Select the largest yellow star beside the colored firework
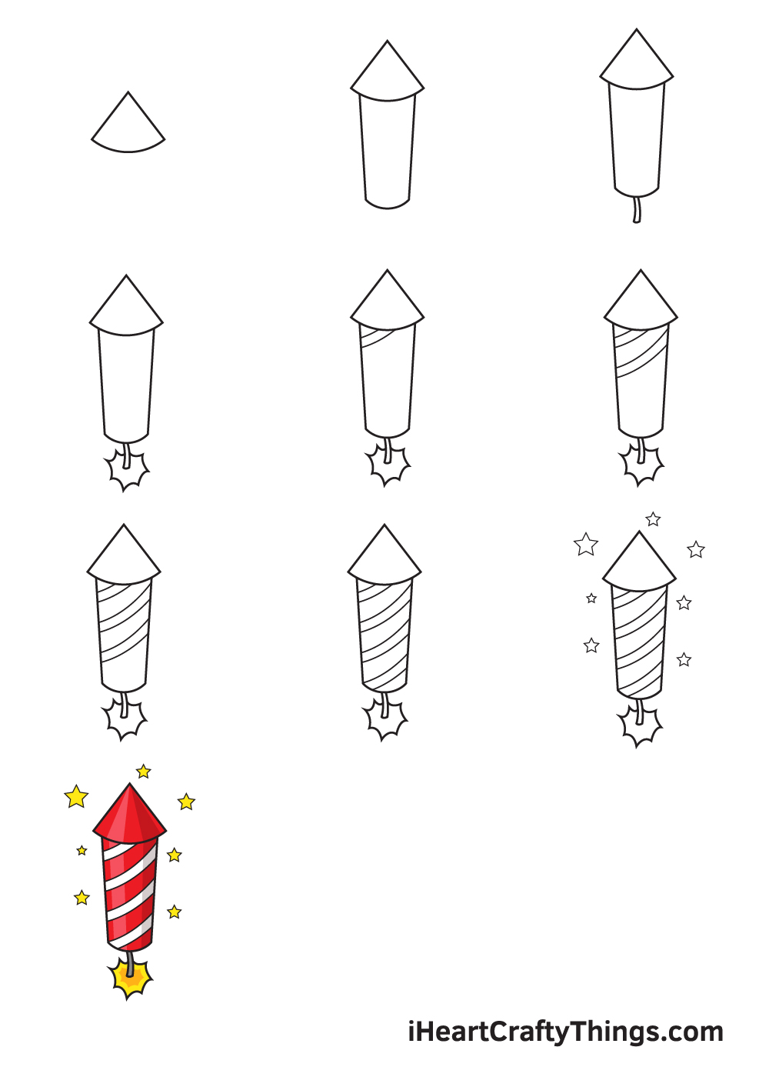pos(76,797)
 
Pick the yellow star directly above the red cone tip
pos(144,771)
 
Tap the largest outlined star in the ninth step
pos(586,545)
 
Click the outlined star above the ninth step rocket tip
pos(653,519)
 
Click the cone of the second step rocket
pos(388,72)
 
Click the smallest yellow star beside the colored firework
pos(82,851)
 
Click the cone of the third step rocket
pos(637,61)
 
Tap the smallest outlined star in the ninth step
pos(591,599)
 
